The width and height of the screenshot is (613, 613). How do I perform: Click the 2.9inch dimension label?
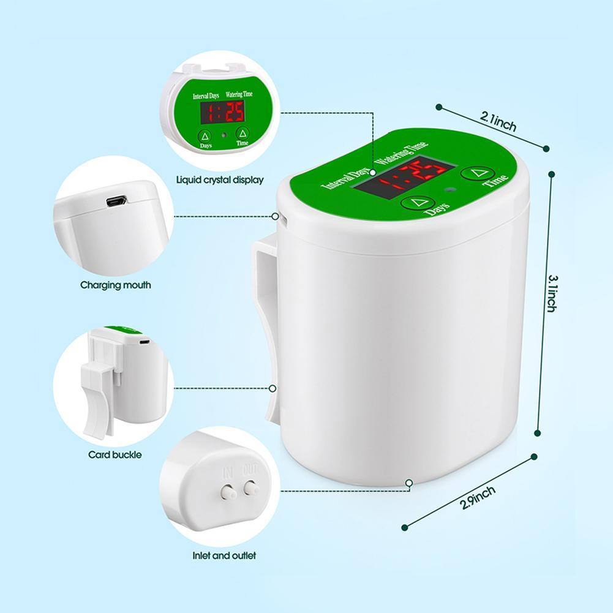[478, 498]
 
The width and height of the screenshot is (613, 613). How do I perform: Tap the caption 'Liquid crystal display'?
[220, 180]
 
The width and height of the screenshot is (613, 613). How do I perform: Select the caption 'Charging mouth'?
[116, 285]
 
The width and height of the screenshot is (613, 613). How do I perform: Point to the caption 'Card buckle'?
[115, 455]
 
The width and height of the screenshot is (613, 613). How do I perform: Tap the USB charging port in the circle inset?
[116, 201]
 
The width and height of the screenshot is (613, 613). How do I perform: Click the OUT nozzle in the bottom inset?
[250, 488]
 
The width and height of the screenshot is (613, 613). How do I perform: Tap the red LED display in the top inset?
[222, 111]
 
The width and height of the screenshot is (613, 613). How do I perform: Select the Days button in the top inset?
[205, 136]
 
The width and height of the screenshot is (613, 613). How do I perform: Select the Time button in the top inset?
[243, 133]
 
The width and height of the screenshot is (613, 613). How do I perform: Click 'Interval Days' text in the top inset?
[206, 96]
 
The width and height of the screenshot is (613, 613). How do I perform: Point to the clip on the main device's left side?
[265, 331]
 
